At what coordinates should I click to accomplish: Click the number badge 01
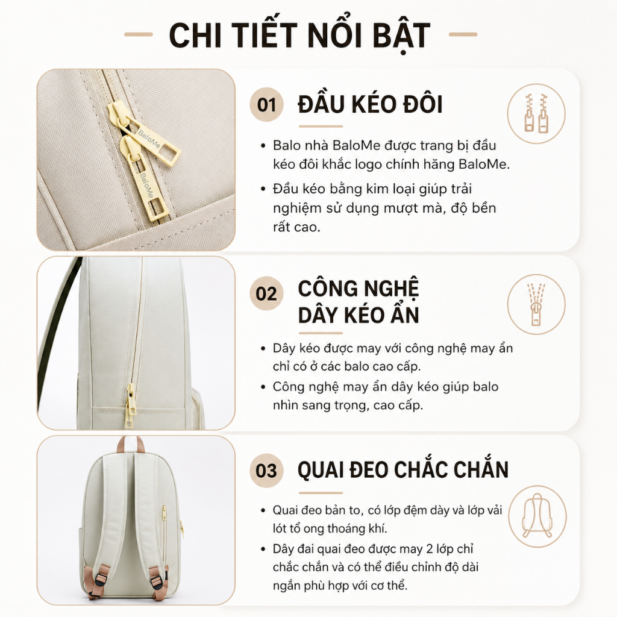tap(266, 105)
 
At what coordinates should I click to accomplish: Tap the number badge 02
tap(266, 293)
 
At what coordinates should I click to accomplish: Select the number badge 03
tap(266, 470)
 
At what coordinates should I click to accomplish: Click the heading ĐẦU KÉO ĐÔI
tap(371, 105)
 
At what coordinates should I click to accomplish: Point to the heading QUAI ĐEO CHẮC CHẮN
tap(403, 470)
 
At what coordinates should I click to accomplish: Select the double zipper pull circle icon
tap(536, 113)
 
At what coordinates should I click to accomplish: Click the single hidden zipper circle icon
tap(536, 304)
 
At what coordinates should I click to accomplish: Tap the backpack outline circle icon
tap(537, 516)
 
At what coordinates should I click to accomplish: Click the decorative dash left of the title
tap(139, 34)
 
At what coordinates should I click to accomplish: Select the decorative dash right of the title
tap(463, 34)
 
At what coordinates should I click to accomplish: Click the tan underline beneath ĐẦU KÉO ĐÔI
tap(321, 127)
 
